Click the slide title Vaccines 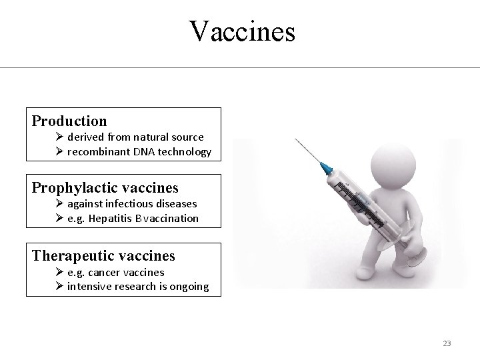tap(241, 31)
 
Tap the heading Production tap(69, 121)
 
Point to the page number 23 tap(447, 343)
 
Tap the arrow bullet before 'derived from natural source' tap(59, 137)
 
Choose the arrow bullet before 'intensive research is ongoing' tap(59, 287)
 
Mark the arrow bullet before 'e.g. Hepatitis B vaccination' tap(59, 218)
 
